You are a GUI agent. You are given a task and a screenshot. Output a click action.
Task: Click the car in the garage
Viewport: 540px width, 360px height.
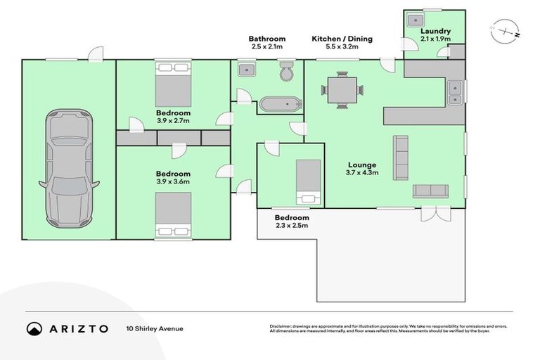tap(69, 169)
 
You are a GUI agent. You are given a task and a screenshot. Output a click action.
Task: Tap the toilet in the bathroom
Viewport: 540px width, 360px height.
tap(286, 71)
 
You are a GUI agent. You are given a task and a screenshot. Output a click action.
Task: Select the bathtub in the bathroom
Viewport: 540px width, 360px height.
tap(281, 104)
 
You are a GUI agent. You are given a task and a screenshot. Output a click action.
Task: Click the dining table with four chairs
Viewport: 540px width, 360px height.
tap(342, 90)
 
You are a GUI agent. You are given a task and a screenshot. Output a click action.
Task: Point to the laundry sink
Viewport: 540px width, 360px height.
tap(416, 20)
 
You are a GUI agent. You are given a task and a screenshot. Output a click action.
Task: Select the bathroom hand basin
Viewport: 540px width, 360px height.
tap(247, 70)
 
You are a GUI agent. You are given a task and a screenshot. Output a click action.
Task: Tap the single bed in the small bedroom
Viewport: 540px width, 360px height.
tap(308, 182)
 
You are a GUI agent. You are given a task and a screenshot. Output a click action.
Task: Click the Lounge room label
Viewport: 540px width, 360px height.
tap(362, 165)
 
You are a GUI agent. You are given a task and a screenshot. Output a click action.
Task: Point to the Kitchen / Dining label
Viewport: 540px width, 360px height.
tap(342, 39)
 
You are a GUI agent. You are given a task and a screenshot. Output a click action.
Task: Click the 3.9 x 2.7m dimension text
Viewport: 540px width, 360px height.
tap(173, 120)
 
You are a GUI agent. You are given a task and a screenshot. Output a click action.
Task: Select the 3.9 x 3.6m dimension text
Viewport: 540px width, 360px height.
tap(173, 181)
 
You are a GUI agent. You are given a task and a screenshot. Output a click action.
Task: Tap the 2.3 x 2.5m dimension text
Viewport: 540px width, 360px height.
tap(292, 225)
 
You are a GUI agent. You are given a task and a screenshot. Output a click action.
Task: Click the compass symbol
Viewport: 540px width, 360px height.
tap(506, 32)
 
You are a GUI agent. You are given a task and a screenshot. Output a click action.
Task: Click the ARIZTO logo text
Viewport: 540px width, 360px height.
tap(79, 328)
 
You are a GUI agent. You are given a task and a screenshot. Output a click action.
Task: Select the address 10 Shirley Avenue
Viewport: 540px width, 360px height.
tap(155, 328)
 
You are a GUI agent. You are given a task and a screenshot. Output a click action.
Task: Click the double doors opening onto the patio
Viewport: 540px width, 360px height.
tap(436, 214)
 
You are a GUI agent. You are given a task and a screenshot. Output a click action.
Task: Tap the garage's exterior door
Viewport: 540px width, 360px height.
tap(96, 54)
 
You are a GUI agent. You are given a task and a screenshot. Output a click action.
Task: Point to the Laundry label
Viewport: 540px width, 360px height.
tap(435, 31)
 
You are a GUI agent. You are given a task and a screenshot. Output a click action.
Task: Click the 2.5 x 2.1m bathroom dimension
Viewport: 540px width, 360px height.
tap(267, 46)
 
